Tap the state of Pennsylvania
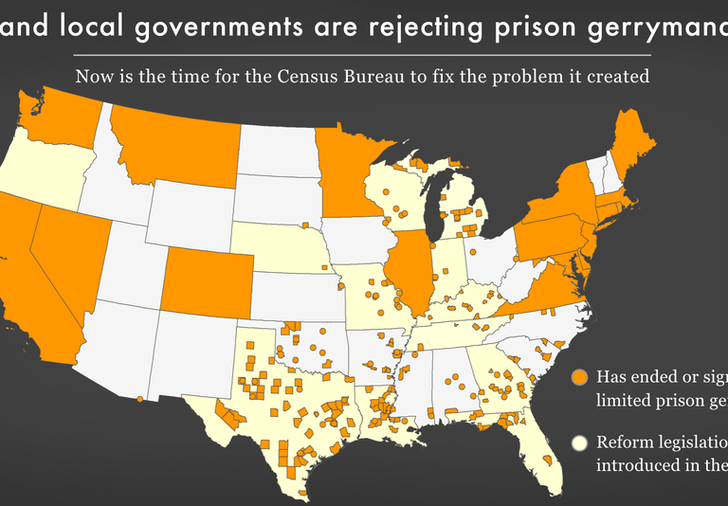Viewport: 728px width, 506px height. tap(555, 241)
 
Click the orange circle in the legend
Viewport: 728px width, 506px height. tap(579, 378)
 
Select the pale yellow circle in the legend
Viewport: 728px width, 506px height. tap(579, 443)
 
